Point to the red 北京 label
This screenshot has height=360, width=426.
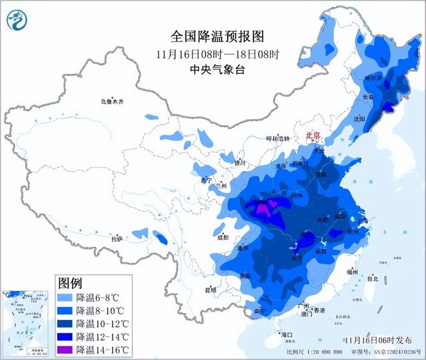tap(312, 135)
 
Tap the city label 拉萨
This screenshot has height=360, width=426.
tap(117, 239)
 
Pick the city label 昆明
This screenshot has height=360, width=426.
tap(210, 289)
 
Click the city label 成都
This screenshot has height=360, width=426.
tap(222, 237)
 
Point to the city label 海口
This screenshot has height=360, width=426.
tap(287, 333)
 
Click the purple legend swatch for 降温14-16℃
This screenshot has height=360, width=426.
tap(65, 349)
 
